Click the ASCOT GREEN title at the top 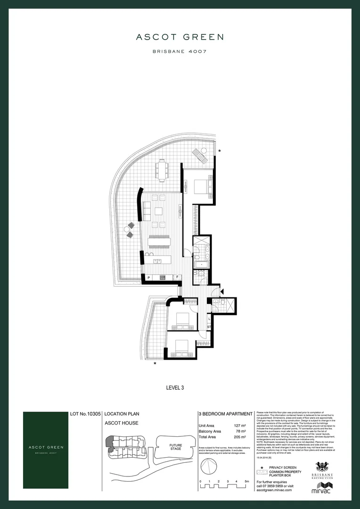pyautogui.click(x=180, y=37)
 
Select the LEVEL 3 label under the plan pyautogui.click(x=175, y=388)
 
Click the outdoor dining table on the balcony pyautogui.click(x=163, y=170)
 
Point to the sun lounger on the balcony pyautogui.click(x=200, y=155)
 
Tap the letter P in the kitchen pyautogui.click(x=148, y=278)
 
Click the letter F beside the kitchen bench pyautogui.click(x=178, y=278)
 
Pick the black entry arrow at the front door pyautogui.click(x=222, y=292)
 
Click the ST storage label pyautogui.click(x=209, y=326)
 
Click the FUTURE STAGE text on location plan pyautogui.click(x=176, y=446)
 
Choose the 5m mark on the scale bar pyautogui.click(x=247, y=481)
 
